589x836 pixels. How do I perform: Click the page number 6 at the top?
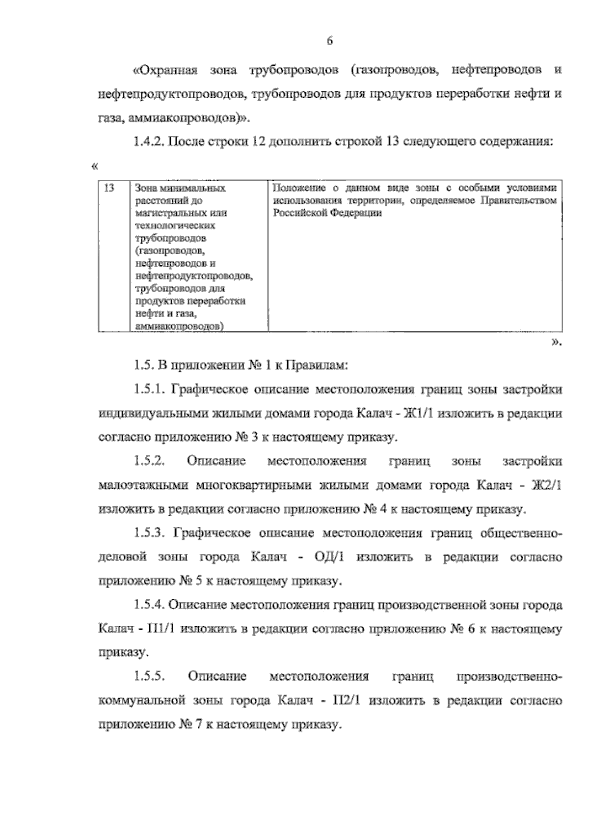click(329, 42)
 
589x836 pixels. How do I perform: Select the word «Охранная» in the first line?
click(165, 70)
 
